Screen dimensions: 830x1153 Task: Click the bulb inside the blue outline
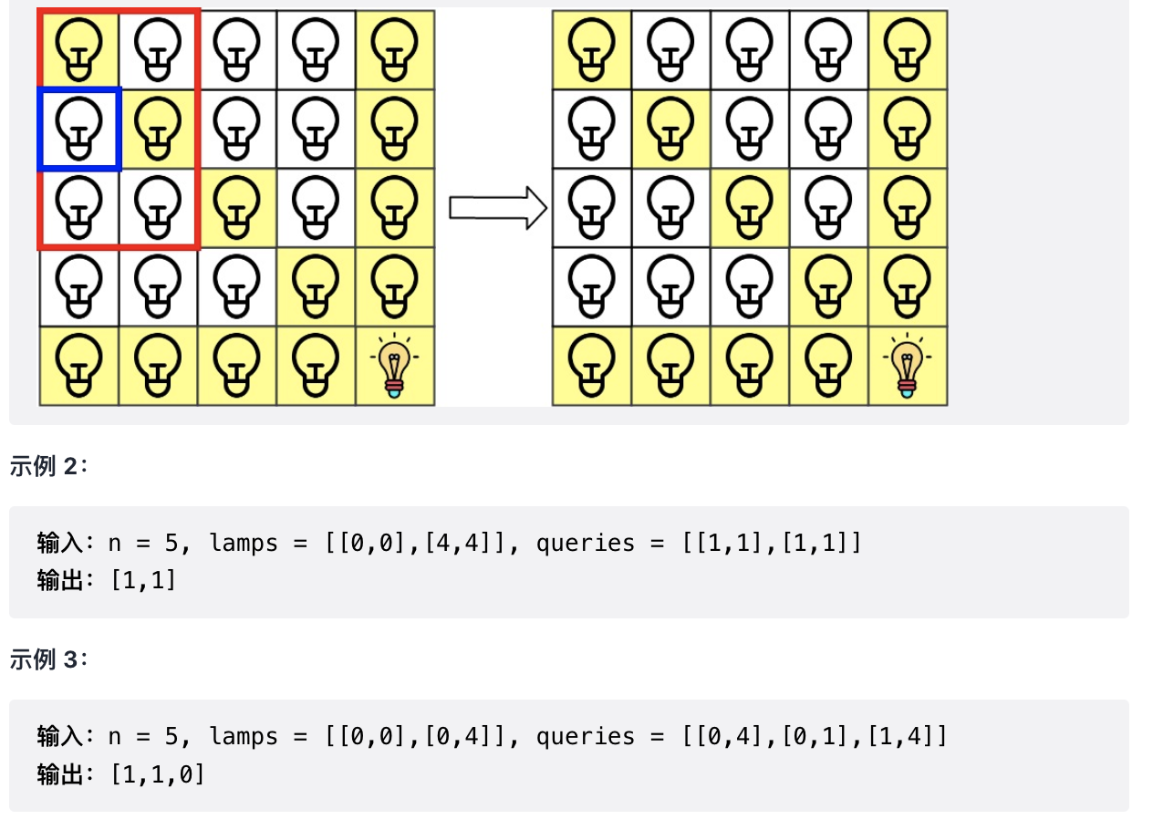[78, 129]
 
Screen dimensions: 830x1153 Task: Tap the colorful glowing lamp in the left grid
[394, 366]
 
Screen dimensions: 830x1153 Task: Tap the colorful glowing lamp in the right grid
[907, 366]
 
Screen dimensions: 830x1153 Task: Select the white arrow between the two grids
[497, 208]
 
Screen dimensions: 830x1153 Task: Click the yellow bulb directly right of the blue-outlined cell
[158, 129]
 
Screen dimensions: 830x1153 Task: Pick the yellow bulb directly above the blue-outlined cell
[78, 49]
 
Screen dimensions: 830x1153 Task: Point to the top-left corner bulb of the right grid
[591, 49]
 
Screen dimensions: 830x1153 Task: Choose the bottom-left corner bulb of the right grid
[591, 366]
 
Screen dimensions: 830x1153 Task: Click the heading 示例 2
[49, 466]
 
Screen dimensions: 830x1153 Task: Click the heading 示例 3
[49, 659]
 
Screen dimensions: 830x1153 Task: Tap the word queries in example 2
[585, 544]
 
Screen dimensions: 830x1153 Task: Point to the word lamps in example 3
[244, 736]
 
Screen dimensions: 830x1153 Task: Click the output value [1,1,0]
[157, 774]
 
